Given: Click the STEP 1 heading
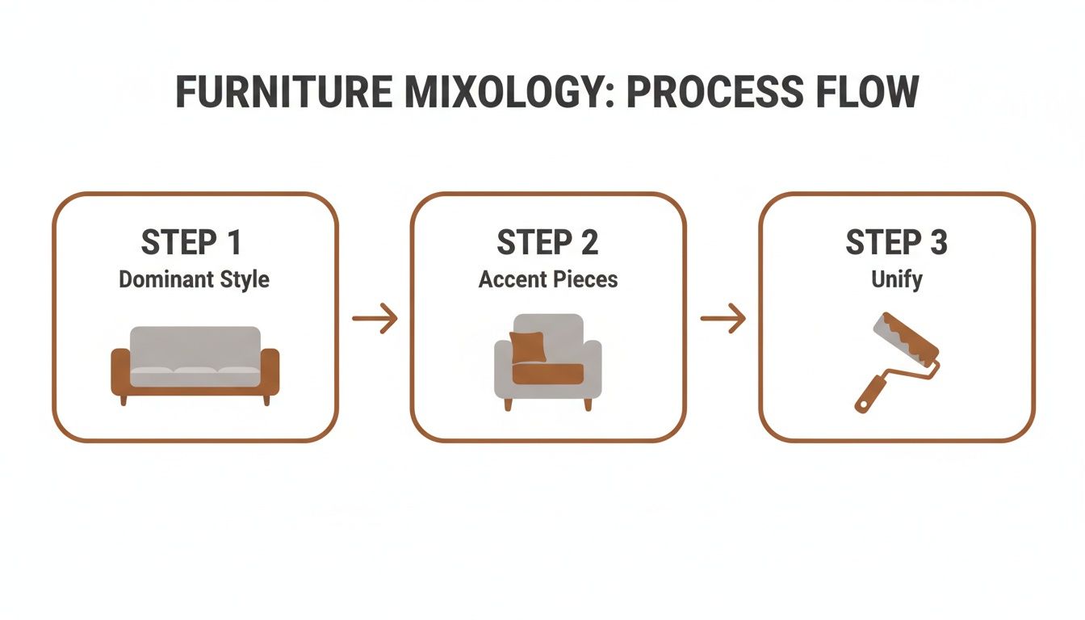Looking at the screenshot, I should point(192,243).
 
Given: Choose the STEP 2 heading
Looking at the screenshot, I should point(548,243).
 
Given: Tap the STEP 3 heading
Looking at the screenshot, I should point(896,243).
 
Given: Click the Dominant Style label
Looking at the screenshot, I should point(194,280).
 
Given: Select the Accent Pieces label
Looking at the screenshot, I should point(548,280).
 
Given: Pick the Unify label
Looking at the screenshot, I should point(896,280).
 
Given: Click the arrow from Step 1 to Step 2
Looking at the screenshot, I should point(375,319).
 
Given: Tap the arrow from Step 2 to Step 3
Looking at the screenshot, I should point(723,319).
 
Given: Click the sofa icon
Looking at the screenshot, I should point(195,363).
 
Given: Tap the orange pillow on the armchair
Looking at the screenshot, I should point(528,346).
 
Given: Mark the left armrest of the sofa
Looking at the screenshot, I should point(120,371).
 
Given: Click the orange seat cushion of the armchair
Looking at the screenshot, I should point(548,374).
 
